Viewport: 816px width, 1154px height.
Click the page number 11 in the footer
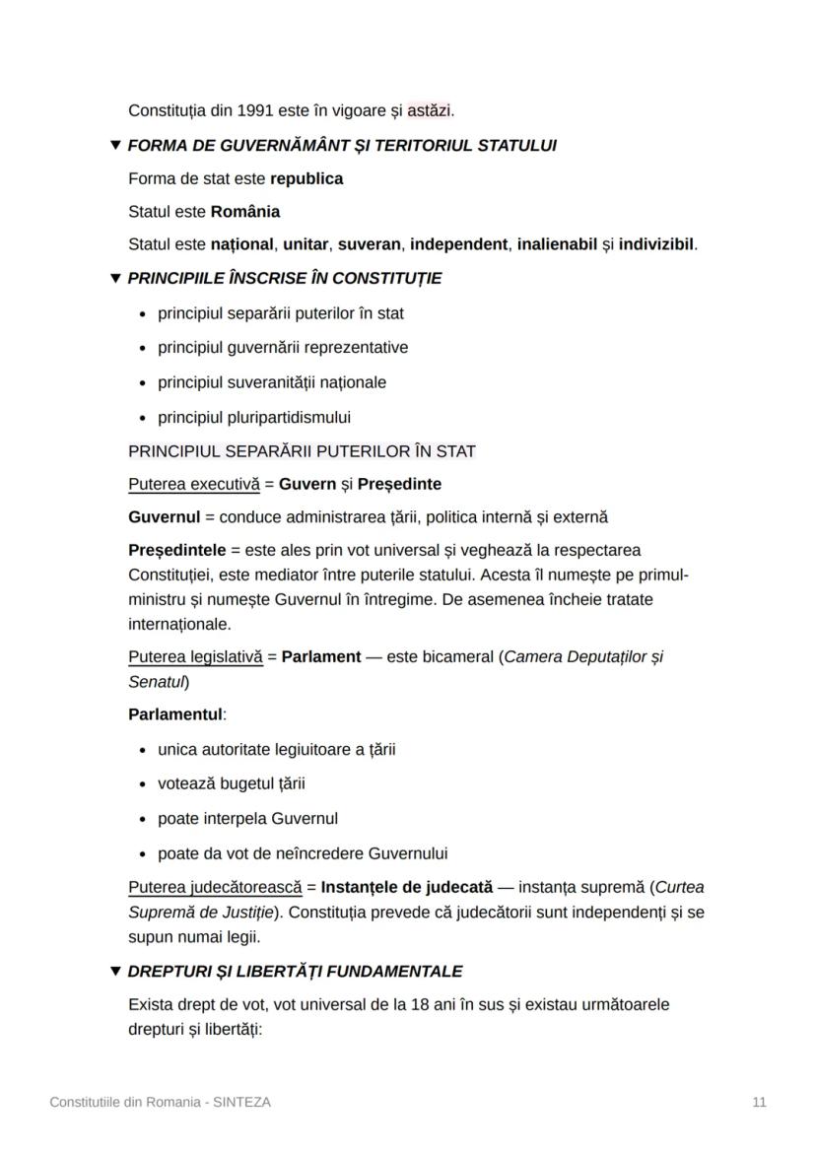[759, 1103]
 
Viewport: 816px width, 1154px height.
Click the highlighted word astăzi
[430, 110]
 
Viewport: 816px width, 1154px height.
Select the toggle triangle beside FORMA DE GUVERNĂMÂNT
[115, 146]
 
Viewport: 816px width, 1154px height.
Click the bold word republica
[306, 179]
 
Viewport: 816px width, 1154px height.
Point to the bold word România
[245, 212]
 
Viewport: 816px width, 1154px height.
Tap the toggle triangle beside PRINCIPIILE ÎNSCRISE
[115, 279]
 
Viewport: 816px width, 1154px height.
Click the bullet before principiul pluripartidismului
[144, 418]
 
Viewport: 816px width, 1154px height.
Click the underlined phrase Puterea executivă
[194, 485]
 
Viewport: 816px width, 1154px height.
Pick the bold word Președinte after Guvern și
[399, 485]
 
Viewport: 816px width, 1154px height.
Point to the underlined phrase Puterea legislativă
[195, 656]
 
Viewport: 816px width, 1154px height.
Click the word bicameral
[459, 656]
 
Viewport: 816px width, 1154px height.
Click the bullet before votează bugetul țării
[144, 784]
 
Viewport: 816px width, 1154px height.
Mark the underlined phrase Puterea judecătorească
[215, 888]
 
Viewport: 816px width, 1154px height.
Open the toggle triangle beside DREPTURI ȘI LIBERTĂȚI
[115, 972]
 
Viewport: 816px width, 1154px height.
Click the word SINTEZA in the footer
[240, 1103]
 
